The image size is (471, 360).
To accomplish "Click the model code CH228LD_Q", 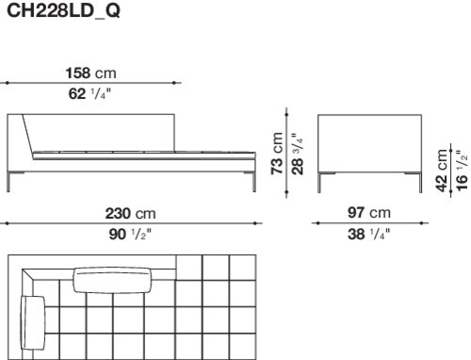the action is click(63, 11).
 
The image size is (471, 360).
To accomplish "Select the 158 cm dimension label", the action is click(90, 74).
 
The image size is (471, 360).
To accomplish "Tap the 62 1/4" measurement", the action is click(89, 93).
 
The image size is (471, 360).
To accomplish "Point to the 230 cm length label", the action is click(130, 214).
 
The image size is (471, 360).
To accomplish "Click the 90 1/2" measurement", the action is click(130, 234).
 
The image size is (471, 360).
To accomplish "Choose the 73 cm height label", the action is click(277, 154).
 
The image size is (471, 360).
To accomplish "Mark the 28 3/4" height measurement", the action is click(298, 154).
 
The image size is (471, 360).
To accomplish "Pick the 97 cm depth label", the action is click(369, 213).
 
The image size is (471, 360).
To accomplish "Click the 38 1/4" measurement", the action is click(368, 234).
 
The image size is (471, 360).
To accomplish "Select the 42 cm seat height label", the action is click(442, 170).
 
